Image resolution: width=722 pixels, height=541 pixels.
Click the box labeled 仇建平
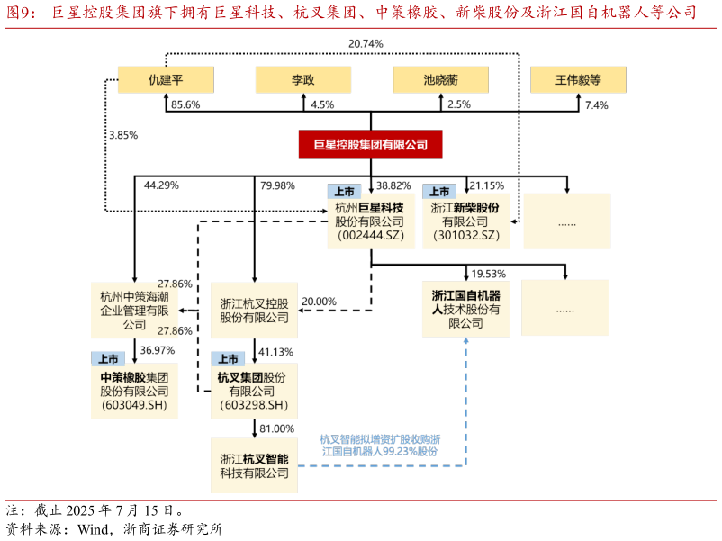[x=166, y=79]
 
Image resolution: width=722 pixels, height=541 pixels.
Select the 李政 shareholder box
[x=302, y=79]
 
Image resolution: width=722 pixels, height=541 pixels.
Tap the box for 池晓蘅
[x=440, y=79]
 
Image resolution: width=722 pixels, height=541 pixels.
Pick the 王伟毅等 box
[x=578, y=79]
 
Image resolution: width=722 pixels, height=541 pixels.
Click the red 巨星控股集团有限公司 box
[x=370, y=144]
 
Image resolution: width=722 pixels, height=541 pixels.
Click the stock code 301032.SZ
[x=465, y=236]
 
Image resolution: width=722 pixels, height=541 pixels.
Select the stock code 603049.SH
[x=134, y=406]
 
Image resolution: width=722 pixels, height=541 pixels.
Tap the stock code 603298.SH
[x=253, y=406]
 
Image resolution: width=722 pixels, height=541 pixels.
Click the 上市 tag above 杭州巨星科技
[x=344, y=192]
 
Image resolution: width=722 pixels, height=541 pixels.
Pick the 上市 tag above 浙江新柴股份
[x=439, y=192]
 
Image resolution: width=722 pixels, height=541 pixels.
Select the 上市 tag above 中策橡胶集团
[x=108, y=358]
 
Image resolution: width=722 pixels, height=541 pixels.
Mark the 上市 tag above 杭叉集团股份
[x=228, y=358]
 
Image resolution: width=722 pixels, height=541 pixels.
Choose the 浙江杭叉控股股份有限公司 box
[x=254, y=311]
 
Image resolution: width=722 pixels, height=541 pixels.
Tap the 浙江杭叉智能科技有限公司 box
[x=254, y=465]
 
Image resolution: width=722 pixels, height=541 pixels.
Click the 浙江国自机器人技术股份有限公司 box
[x=465, y=309]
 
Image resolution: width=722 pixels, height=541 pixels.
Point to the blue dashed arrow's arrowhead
[x=465, y=342]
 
